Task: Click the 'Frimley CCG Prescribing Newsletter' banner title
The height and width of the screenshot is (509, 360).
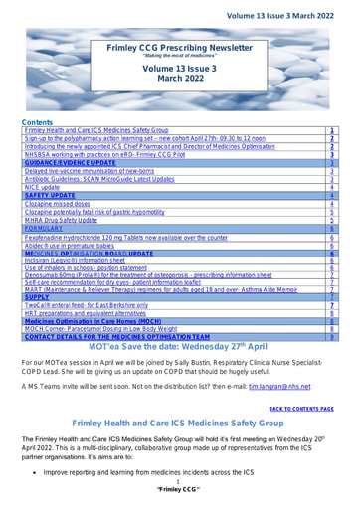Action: [179, 47]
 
